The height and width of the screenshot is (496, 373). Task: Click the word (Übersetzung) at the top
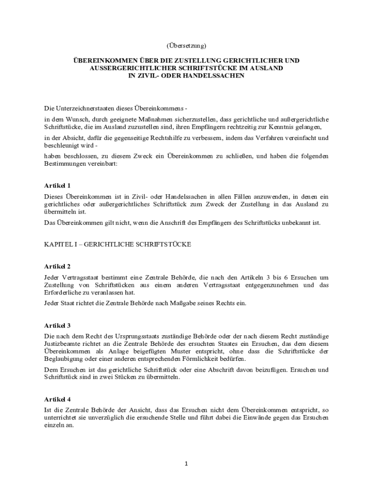click(x=186, y=46)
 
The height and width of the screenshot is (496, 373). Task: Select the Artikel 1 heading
click(x=57, y=186)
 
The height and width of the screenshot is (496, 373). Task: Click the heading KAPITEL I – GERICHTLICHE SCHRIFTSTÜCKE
click(x=117, y=245)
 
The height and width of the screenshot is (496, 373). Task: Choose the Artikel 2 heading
click(x=57, y=266)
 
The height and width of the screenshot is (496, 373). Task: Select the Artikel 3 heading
click(x=57, y=325)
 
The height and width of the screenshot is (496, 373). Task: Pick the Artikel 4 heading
click(x=57, y=400)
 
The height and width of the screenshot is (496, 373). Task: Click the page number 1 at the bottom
click(x=186, y=464)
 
